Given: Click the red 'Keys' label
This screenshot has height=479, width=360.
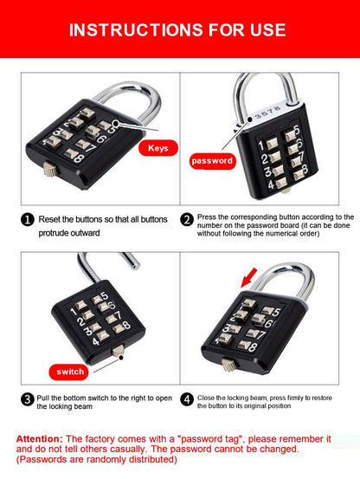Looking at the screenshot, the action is (158, 148).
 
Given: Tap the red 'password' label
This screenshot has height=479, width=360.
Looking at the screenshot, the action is (212, 161).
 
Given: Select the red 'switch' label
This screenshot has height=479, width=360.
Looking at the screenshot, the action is (69, 372).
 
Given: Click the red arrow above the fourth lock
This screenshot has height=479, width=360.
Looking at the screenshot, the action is (249, 277).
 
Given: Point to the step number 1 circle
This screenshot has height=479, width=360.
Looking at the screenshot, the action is (28, 219).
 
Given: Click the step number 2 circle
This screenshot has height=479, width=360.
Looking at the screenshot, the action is (187, 219).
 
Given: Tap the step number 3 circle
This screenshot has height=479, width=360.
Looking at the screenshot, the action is (28, 399).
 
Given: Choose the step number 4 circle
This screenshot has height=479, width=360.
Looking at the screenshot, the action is (187, 399).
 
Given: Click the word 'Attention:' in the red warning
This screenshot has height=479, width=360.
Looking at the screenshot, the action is (39, 439).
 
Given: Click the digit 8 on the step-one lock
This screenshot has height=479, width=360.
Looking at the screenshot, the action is (79, 159).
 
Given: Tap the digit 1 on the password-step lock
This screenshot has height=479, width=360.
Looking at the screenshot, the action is (260, 146).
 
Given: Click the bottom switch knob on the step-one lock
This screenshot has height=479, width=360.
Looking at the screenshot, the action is (50, 169).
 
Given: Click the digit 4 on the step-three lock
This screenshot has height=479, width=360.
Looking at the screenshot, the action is (96, 340).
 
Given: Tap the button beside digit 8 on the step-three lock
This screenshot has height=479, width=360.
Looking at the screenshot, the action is (118, 328).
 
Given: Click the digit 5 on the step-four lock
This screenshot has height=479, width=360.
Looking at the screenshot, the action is (276, 312).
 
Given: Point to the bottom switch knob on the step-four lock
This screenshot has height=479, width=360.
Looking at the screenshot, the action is (228, 365).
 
